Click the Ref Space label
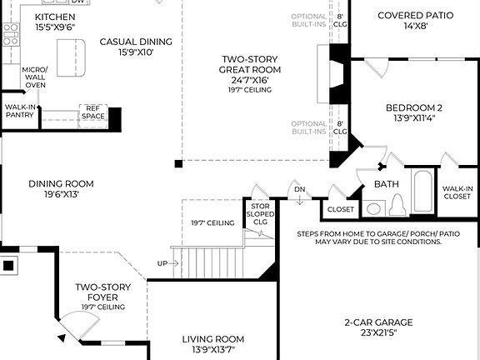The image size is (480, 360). [x=92, y=112]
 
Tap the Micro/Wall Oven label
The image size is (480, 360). [x=34, y=77]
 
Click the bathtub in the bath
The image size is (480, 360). [x=422, y=192]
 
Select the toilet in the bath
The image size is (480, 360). [x=397, y=205]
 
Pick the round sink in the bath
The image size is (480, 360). [x=374, y=208]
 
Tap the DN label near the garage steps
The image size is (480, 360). [x=299, y=190]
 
